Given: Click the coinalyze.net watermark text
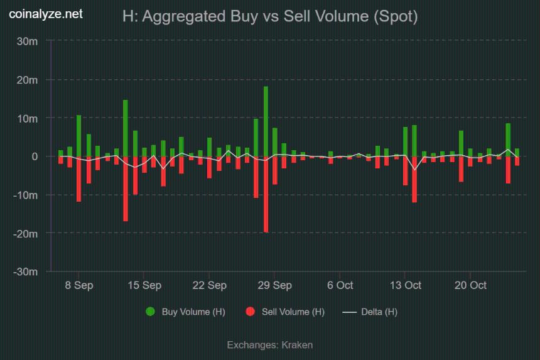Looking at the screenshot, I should [46, 14].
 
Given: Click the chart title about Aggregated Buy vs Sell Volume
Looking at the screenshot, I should [270, 17].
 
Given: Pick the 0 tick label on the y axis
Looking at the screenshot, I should [35, 156].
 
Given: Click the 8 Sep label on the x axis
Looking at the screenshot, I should [79, 285].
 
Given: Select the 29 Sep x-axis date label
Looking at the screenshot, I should [274, 285].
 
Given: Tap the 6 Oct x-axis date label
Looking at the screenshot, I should [340, 285].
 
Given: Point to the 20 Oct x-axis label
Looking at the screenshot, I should [470, 285].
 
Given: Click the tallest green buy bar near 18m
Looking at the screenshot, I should [266, 121].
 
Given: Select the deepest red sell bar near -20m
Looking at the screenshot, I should [266, 194].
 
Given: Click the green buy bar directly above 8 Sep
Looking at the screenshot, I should [79, 136].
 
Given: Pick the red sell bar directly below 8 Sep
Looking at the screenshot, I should [79, 179].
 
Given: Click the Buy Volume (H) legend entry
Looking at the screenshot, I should [186, 312].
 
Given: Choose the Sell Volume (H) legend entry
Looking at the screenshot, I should [286, 312].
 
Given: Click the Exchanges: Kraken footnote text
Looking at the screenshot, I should [270, 345].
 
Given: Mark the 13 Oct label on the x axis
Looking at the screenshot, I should [405, 285].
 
